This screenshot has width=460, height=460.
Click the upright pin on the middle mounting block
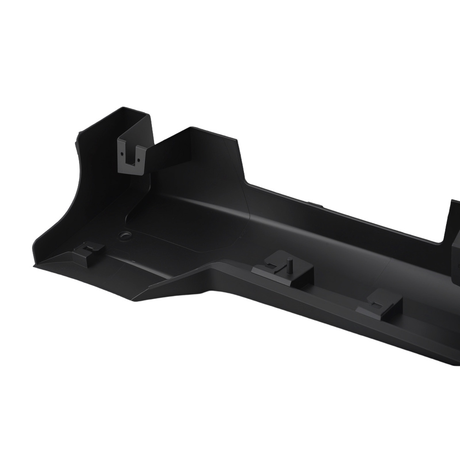click(x=289, y=265)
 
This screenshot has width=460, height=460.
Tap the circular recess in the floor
click(x=124, y=236)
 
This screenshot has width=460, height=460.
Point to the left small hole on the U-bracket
click(x=123, y=152)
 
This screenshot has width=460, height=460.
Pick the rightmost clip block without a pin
click(x=380, y=304)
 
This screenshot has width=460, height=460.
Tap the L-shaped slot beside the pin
click(x=275, y=267)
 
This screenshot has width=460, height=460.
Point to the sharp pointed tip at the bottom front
click(x=134, y=300)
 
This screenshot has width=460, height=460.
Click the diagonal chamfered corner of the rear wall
click(x=240, y=161)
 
